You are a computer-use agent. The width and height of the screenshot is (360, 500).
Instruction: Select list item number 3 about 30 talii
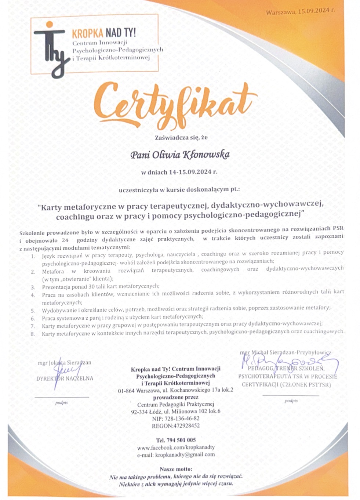tap(101, 286)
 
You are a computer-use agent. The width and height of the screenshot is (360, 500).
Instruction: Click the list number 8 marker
tap(33, 334)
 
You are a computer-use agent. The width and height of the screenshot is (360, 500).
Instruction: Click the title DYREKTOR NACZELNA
tap(65, 378)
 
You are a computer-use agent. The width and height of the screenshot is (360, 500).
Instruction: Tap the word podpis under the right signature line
tap(291, 401)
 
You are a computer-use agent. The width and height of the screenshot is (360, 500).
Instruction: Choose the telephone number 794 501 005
tap(176, 440)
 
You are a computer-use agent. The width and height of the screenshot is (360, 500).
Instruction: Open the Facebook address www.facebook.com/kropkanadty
tap(176, 448)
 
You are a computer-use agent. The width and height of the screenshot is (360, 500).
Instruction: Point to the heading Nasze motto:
tap(176, 469)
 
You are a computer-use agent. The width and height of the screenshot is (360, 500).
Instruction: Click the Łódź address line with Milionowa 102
tap(176, 412)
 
